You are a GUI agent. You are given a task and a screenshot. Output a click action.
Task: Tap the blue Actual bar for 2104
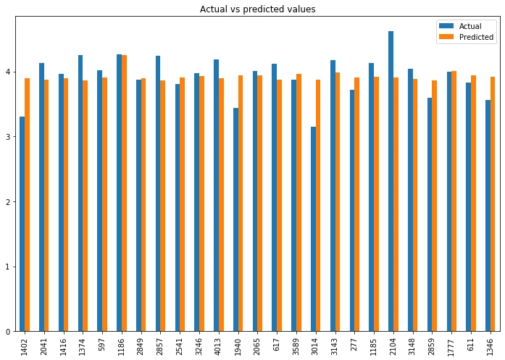391,181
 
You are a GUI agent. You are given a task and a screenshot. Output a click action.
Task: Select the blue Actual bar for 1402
22,224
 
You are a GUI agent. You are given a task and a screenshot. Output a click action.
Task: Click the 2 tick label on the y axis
9,202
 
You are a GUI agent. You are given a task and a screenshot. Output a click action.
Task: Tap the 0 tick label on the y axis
9,332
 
